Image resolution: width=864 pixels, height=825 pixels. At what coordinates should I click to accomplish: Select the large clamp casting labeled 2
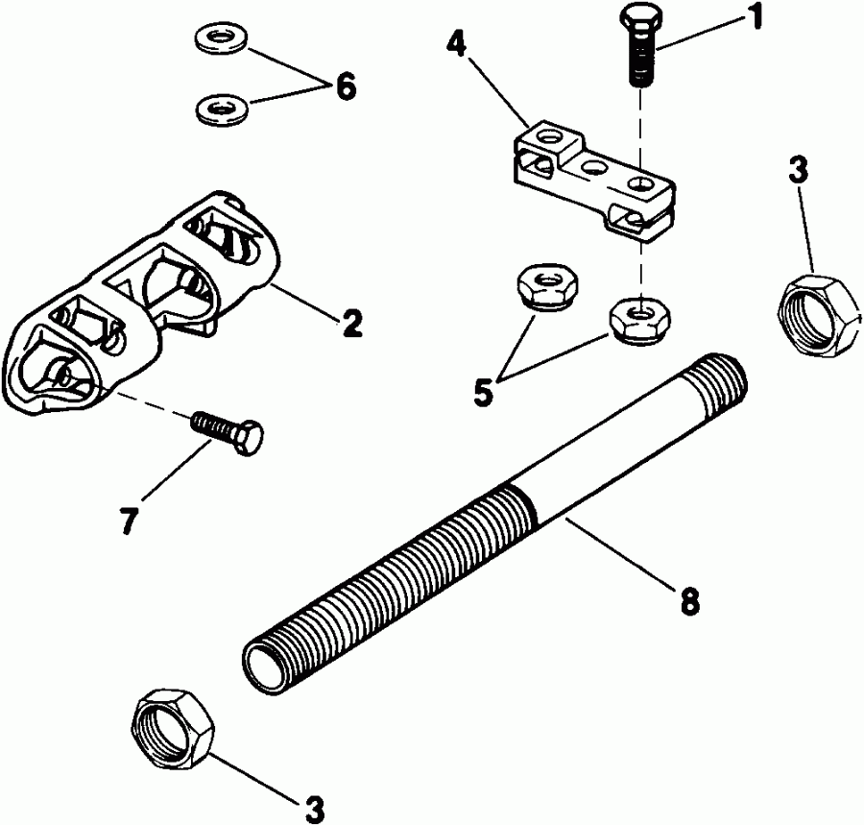click(x=144, y=307)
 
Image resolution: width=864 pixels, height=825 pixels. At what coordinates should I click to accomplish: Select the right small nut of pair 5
click(x=642, y=319)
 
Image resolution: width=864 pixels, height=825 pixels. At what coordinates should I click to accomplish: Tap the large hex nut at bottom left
click(x=173, y=724)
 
